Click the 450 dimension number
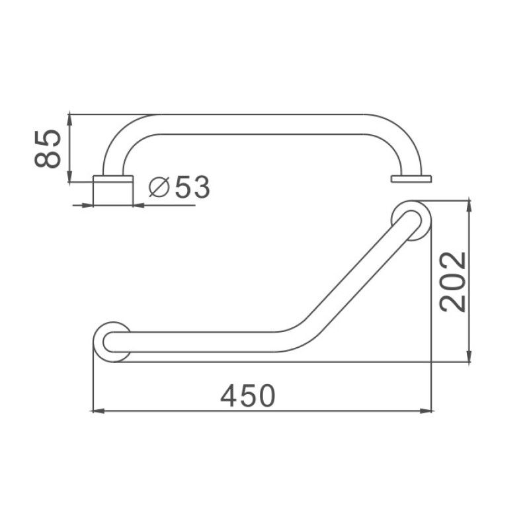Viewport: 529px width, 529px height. (x=247, y=395)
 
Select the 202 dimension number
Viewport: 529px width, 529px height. (x=454, y=281)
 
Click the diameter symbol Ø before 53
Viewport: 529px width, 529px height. (x=159, y=188)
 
